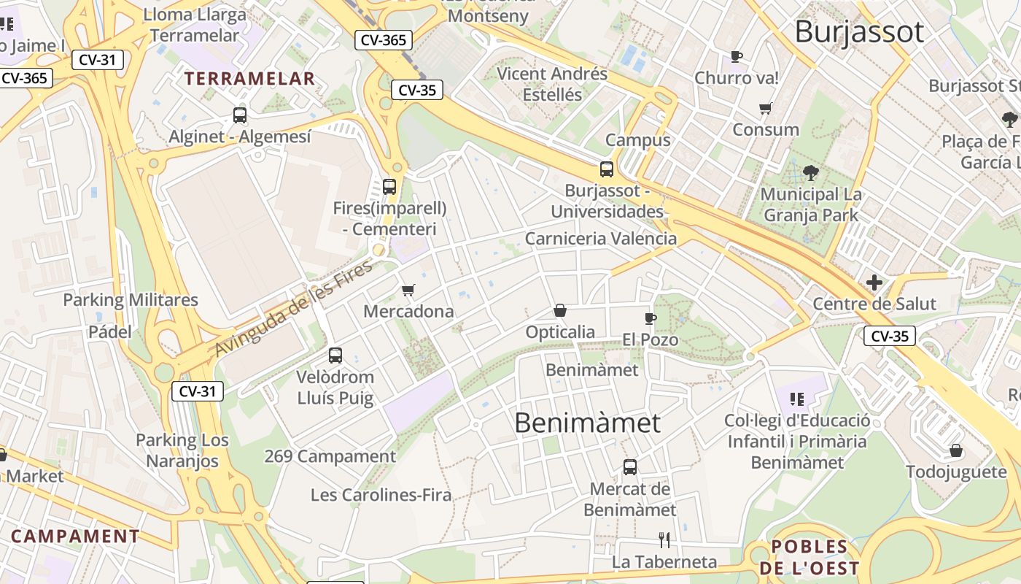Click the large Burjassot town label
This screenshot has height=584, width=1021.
point(858,32)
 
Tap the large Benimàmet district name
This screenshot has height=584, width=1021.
point(587,423)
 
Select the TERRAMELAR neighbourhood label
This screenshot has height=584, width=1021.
point(249,79)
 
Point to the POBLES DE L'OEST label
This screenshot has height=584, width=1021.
point(809,557)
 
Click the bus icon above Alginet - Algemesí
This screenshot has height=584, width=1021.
point(240,115)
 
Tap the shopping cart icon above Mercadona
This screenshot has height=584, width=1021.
point(408,291)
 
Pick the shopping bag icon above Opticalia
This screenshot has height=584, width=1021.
point(560,311)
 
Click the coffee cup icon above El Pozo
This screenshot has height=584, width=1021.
point(651,318)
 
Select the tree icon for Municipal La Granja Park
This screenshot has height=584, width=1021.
point(810,173)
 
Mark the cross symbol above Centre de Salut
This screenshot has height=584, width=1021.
point(874,283)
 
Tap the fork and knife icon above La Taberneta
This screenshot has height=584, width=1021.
point(664,540)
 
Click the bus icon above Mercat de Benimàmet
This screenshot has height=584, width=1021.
point(630,467)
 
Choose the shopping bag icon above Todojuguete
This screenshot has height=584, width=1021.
point(955,450)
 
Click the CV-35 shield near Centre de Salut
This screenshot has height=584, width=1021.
point(890,336)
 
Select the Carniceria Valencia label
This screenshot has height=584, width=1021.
point(600,239)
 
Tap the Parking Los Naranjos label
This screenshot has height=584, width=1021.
point(182,450)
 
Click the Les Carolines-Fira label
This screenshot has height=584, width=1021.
point(381,495)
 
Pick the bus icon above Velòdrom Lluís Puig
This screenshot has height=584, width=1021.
point(335,356)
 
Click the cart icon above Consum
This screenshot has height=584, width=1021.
point(766,109)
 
